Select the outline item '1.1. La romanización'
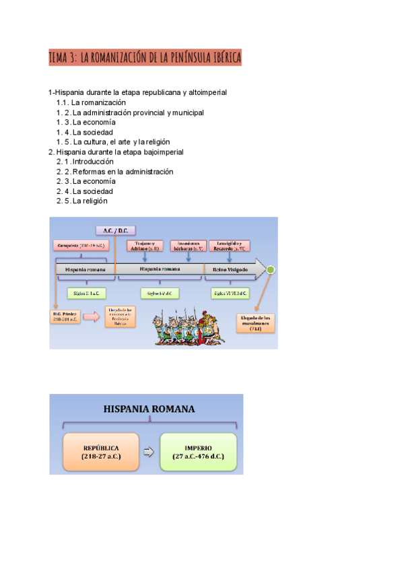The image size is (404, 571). click(92, 102)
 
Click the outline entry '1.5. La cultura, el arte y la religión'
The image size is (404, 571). click(113, 142)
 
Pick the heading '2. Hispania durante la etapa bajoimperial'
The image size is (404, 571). click(116, 152)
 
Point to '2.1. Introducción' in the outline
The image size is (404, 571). click(86, 162)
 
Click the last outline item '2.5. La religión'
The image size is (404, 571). click(82, 201)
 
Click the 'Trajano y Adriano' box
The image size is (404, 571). click(144, 246)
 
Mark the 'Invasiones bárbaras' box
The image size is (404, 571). click(188, 246)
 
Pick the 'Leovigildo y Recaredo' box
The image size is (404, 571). click(230, 246)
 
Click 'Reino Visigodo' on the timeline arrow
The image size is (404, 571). click(230, 269)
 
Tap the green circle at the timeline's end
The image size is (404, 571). click(270, 269)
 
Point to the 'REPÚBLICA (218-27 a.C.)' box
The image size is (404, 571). click(100, 451)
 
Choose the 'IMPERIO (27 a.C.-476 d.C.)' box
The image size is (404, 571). click(199, 451)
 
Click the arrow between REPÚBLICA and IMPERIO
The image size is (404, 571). click(149, 451)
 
